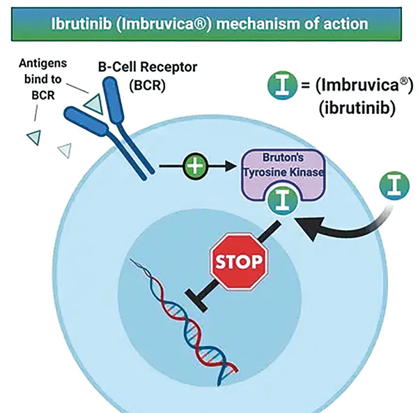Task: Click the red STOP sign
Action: click(239, 262)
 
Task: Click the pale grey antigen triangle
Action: click(65, 148)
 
